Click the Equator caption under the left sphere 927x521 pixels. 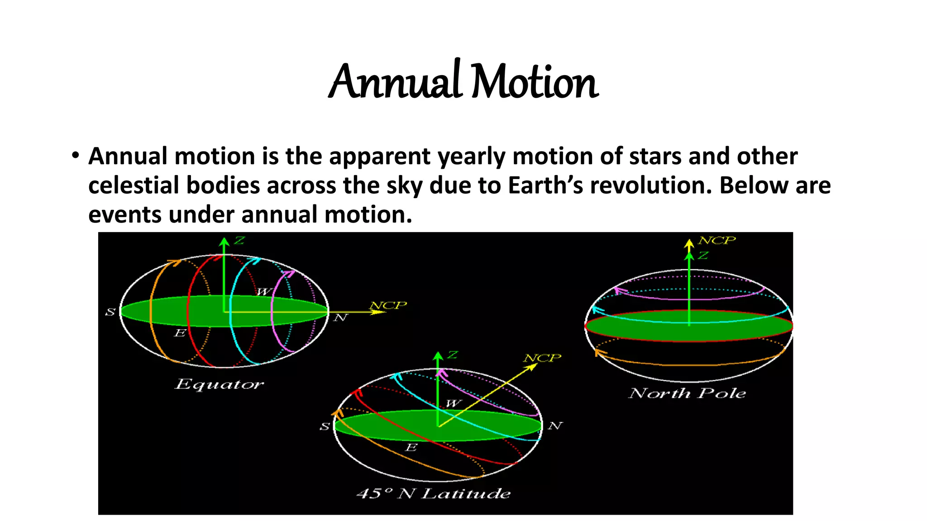[219, 384]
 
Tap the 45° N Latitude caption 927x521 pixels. [434, 493]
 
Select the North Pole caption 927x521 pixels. [687, 393]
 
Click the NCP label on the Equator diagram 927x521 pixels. [388, 305]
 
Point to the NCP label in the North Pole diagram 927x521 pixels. [717, 240]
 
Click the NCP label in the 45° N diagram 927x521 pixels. [542, 358]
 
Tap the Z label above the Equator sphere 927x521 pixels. [239, 241]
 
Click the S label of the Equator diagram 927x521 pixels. [110, 312]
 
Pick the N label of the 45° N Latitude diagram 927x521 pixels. [555, 426]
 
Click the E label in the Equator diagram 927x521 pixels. [180, 333]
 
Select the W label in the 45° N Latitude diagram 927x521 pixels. [453, 403]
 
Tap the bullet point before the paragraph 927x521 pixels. [75, 156]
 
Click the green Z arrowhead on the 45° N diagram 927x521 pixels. [438, 356]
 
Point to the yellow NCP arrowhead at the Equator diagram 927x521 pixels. [379, 312]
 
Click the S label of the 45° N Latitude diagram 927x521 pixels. [325, 426]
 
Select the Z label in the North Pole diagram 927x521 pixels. [703, 256]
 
